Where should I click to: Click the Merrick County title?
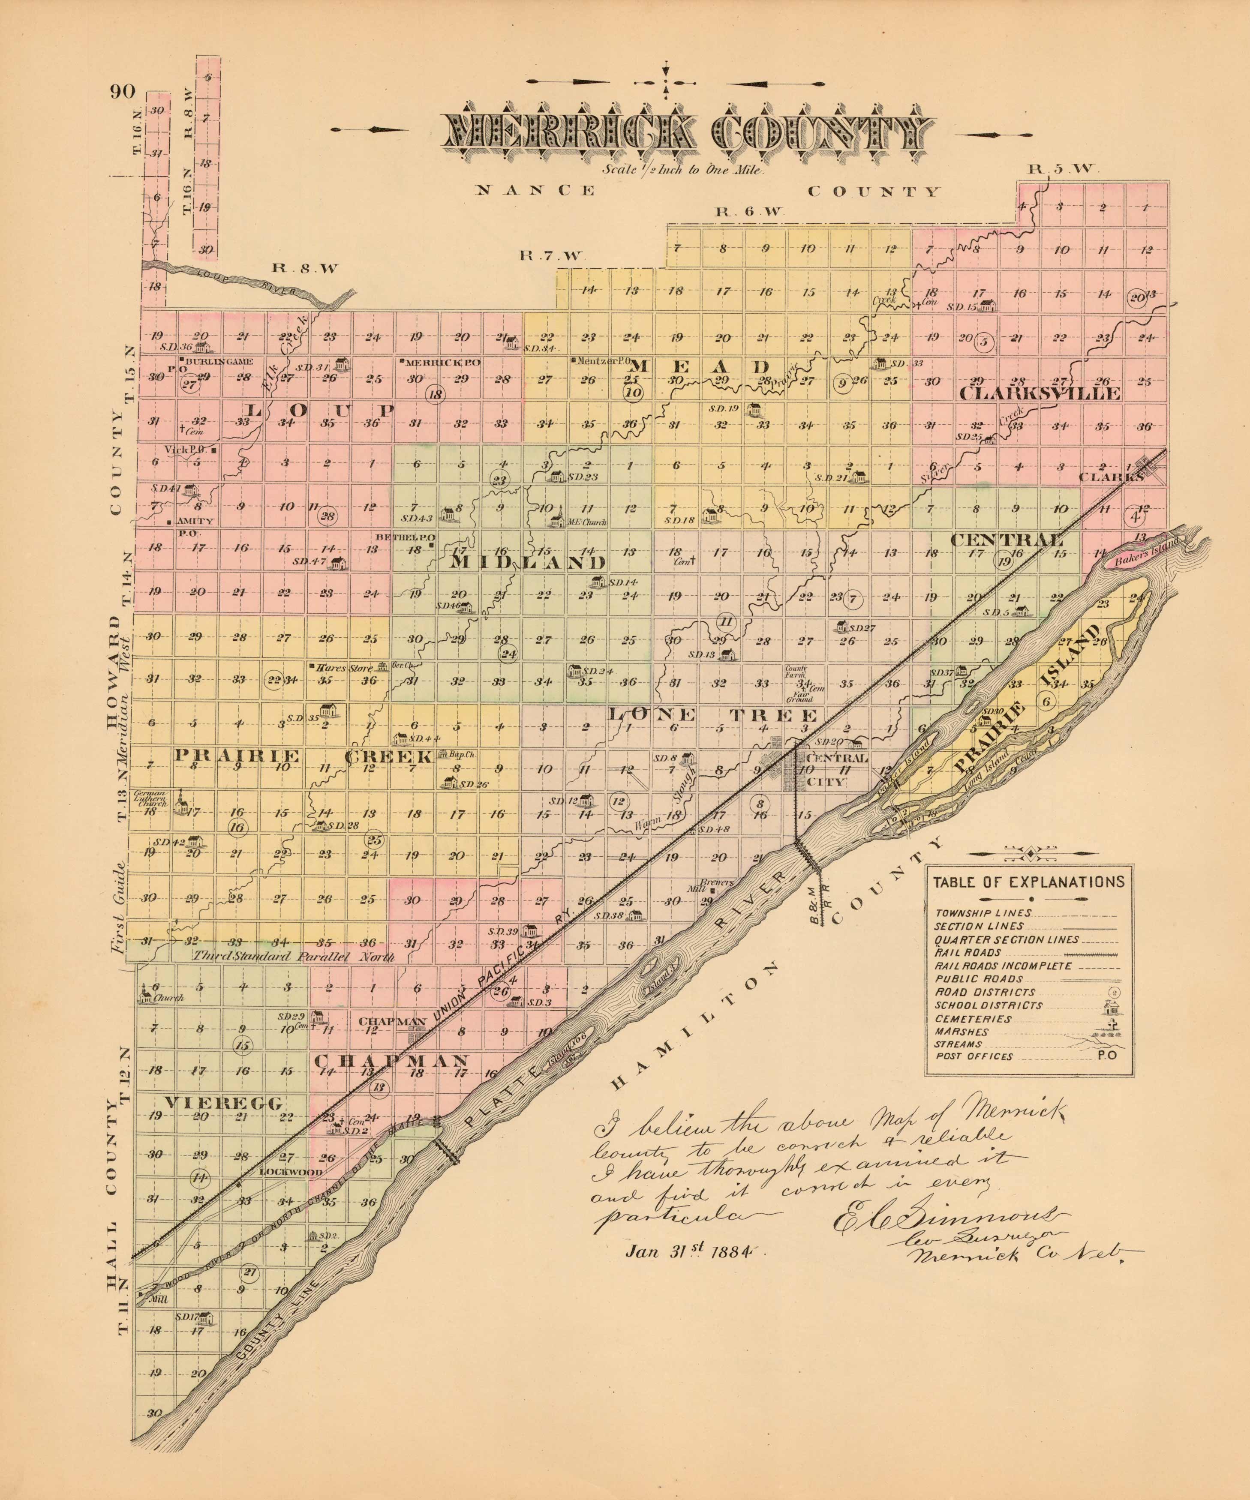[689, 136]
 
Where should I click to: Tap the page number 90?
[123, 91]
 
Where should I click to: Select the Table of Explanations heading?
[1028, 882]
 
